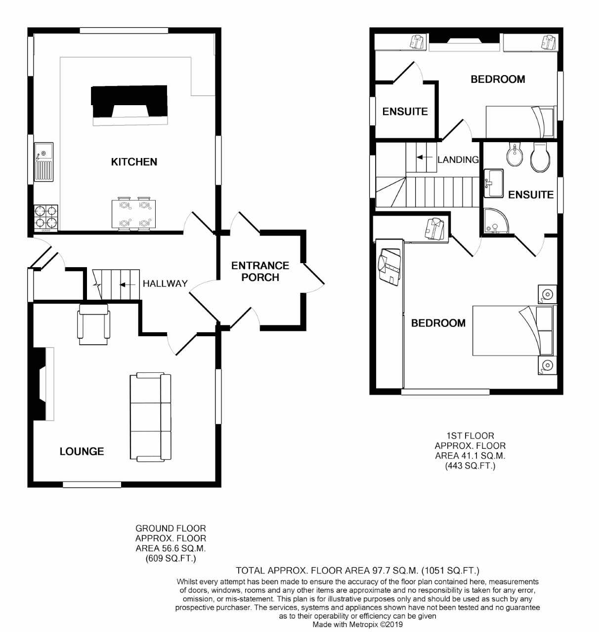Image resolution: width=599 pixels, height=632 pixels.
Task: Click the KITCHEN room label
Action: (x=134, y=162)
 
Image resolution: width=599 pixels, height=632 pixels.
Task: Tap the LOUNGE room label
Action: (x=82, y=451)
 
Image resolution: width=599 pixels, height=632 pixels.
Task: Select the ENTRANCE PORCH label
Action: (x=260, y=272)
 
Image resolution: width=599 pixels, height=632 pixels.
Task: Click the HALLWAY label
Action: (x=165, y=283)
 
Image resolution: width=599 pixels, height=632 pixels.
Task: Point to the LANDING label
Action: (x=458, y=159)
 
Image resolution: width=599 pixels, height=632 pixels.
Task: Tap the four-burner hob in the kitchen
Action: (x=45, y=217)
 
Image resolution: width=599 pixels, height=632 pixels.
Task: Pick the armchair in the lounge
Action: (x=93, y=324)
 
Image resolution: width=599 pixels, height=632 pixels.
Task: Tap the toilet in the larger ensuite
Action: (x=540, y=157)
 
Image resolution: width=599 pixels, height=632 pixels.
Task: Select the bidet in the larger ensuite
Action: (x=514, y=156)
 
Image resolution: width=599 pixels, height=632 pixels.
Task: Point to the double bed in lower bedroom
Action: (x=514, y=330)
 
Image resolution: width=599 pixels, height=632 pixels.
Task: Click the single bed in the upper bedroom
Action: (x=520, y=122)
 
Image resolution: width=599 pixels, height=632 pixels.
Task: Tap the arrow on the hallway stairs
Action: (x=127, y=284)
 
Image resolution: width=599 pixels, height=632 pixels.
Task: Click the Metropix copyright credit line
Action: (x=357, y=624)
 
